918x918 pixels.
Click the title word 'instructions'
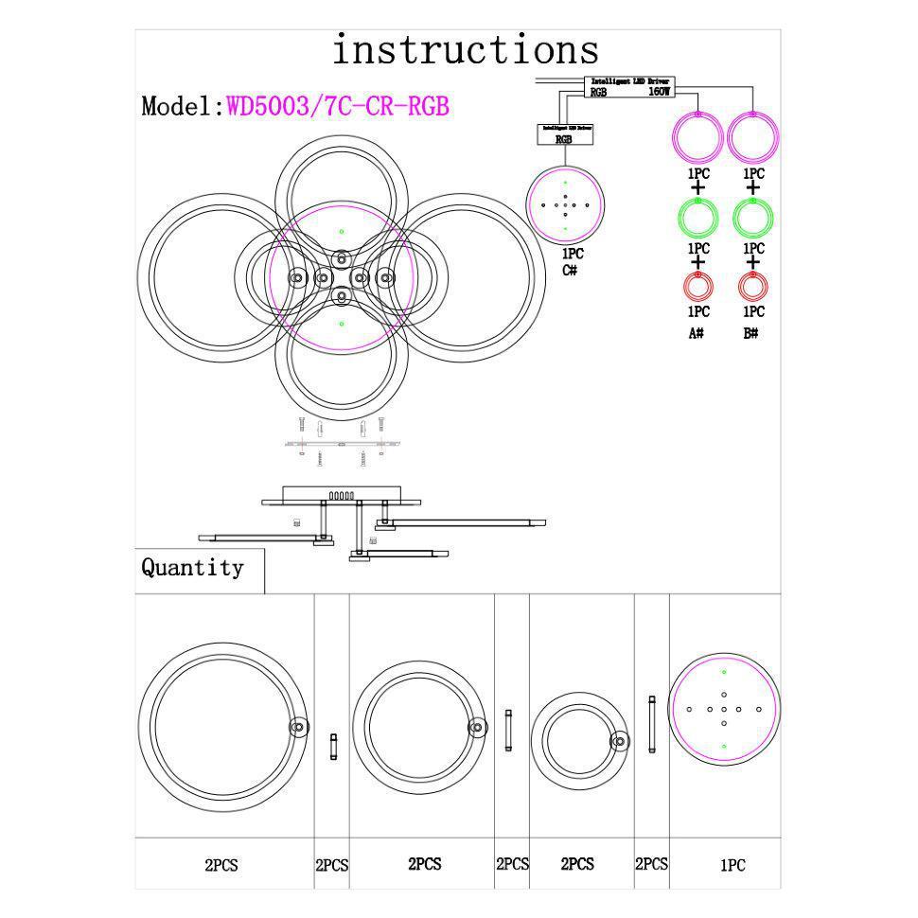(465, 50)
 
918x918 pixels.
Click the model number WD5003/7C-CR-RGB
(337, 105)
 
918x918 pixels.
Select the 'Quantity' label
(192, 568)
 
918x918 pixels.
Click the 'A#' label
(697, 333)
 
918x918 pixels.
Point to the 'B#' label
(751, 333)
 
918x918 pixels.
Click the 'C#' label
(570, 271)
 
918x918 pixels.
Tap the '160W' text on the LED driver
(660, 93)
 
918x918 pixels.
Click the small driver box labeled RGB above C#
(564, 134)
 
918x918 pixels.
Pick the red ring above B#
(752, 286)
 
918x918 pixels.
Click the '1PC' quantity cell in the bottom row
(733, 865)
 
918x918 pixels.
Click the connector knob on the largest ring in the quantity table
(298, 727)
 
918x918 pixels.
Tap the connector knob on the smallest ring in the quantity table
(620, 741)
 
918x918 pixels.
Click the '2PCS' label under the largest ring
(221, 865)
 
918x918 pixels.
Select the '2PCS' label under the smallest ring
(577, 864)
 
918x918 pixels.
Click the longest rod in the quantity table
(651, 724)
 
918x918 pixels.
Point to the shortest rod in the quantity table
(332, 747)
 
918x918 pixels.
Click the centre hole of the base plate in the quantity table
(724, 709)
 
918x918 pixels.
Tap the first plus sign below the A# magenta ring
(698, 187)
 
